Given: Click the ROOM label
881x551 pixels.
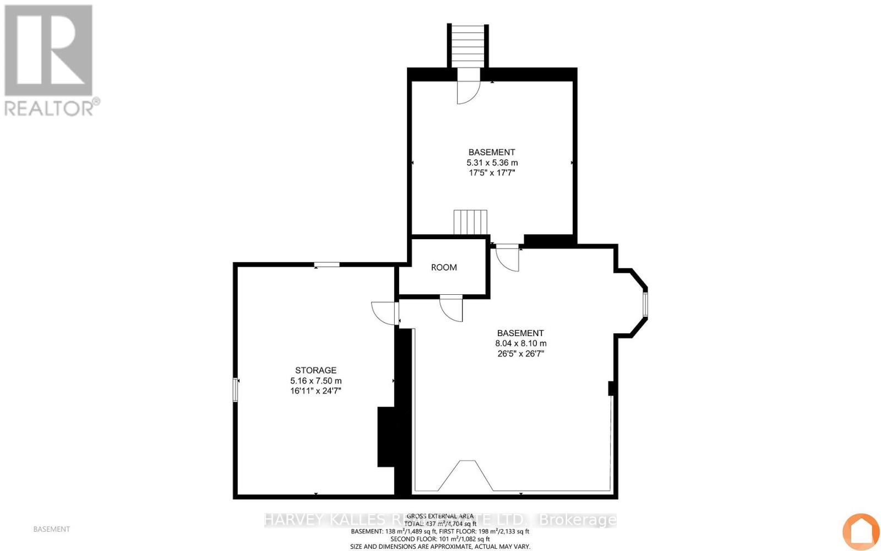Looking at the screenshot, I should (444, 267).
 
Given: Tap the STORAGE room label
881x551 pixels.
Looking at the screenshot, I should (316, 370).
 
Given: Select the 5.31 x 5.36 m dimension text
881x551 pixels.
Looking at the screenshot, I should (492, 163).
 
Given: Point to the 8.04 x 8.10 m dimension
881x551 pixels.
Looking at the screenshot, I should (520, 343).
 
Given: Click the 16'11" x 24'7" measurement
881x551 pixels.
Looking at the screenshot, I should (316, 391).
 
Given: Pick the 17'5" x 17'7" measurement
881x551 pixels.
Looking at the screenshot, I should (492, 172).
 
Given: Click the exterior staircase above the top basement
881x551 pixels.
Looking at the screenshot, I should (467, 46).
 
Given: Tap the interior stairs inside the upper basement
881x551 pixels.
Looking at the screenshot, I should (470, 222).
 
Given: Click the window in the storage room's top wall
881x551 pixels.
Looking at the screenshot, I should (327, 265).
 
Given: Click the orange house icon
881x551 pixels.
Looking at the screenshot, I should (861, 531).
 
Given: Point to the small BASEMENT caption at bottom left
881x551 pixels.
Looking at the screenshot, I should (52, 529).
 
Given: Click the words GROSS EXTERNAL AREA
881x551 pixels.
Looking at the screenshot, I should (440, 516).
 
